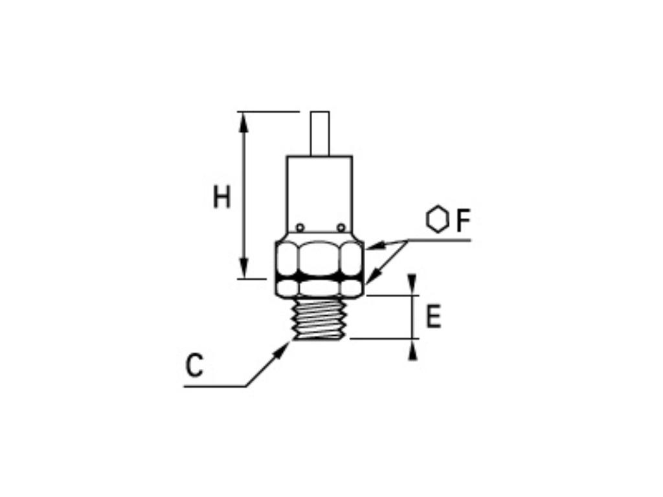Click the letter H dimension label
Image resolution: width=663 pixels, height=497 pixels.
click(x=222, y=197)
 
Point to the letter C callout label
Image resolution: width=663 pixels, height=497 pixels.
click(x=194, y=366)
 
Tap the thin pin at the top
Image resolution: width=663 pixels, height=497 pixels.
click(x=320, y=133)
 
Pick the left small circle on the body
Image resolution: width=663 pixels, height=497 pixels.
click(x=300, y=227)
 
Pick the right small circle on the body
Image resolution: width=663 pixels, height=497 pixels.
click(x=341, y=227)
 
